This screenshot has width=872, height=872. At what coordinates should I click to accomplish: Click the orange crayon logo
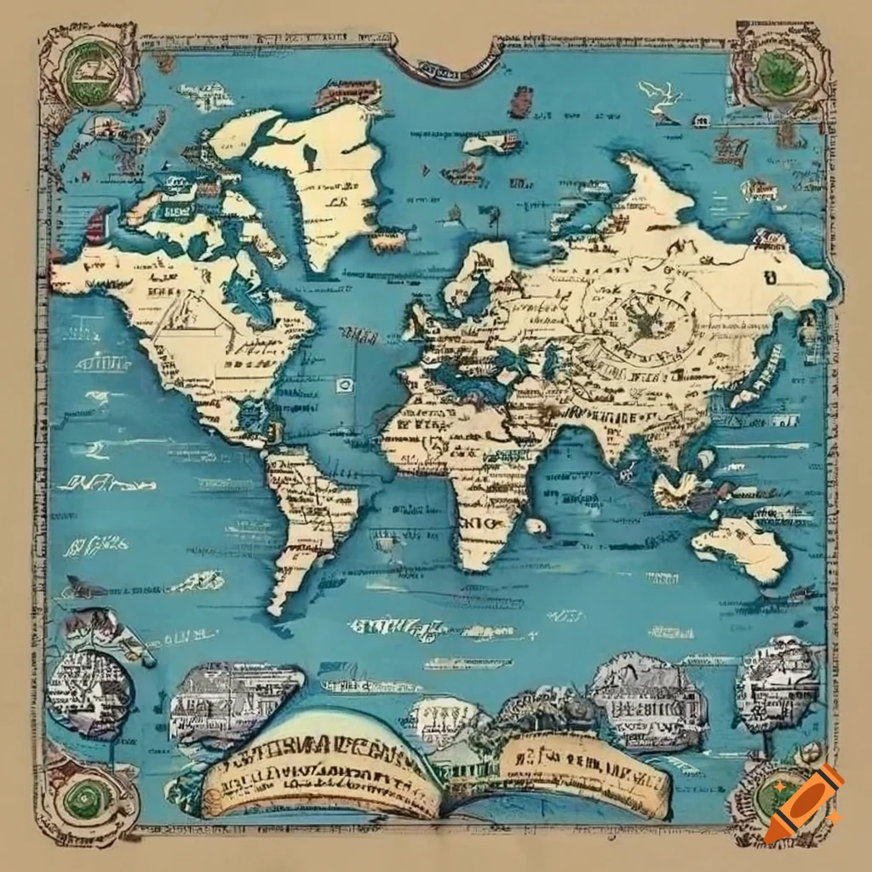click(x=803, y=804)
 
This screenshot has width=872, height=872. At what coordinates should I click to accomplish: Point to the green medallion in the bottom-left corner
click(x=88, y=795)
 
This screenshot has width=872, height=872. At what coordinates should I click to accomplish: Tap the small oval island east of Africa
click(x=535, y=526)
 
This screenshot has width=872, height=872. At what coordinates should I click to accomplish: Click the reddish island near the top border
click(x=520, y=101)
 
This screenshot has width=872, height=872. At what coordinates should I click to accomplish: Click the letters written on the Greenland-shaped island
click(x=334, y=203)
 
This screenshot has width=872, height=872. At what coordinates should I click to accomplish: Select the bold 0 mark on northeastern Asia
click(x=770, y=277)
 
